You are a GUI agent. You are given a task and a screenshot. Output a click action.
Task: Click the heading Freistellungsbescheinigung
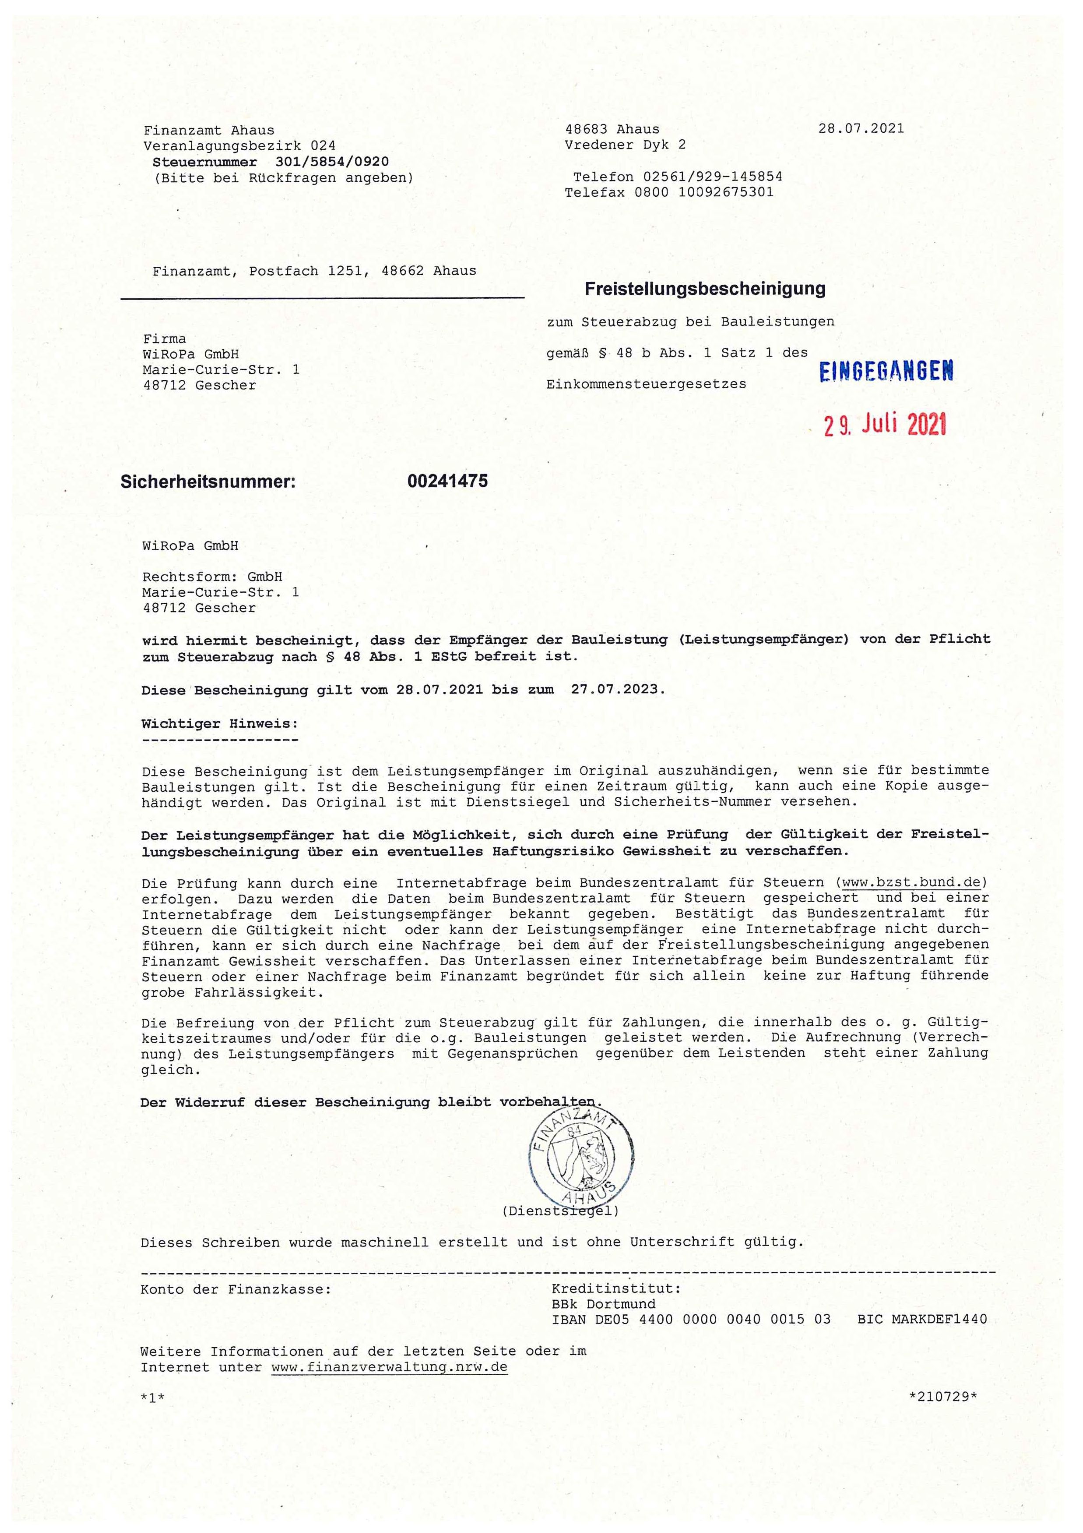point(705,289)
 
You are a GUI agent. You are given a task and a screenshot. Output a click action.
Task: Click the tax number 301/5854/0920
point(332,162)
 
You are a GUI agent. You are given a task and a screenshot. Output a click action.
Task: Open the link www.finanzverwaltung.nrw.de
point(389,1367)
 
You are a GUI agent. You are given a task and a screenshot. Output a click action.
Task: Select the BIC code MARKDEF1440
point(941,1319)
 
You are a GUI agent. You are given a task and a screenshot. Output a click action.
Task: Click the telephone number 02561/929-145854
point(713,177)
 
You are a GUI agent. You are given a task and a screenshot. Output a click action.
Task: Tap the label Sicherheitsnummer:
point(207,481)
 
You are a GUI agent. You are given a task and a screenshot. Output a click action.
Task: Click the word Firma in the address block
point(165,339)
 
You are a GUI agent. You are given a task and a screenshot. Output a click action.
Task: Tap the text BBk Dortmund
point(603,1303)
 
